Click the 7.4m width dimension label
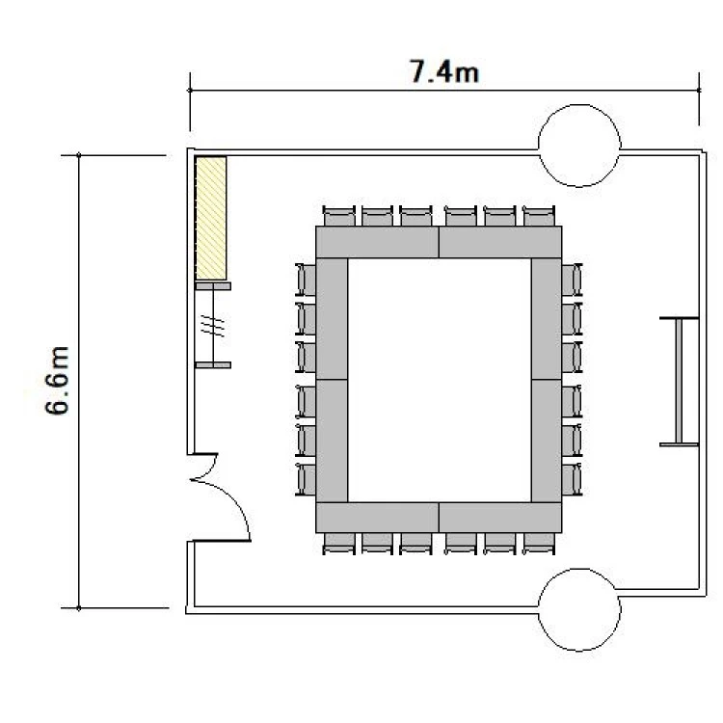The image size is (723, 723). click(444, 71)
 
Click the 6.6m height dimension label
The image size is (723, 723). click(57, 381)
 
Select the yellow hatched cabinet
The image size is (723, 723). click(211, 218)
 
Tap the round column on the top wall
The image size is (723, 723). click(579, 146)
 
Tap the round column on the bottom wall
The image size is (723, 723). click(579, 609)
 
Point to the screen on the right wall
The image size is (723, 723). click(679, 382)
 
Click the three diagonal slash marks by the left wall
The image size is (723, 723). click(213, 326)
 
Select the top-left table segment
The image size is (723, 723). click(377, 242)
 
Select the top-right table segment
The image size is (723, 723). click(500, 242)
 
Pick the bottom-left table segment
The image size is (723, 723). click(377, 518)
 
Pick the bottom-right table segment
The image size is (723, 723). click(500, 518)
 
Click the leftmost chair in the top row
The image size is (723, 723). click(339, 216)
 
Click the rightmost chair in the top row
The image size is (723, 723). click(539, 216)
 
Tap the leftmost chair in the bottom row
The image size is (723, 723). click(339, 544)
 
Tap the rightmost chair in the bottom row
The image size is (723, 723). click(539, 544)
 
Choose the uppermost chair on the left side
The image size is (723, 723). click(306, 280)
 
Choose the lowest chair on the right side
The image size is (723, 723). click(573, 479)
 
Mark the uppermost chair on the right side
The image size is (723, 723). click(573, 280)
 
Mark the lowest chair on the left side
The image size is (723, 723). click(306, 479)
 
